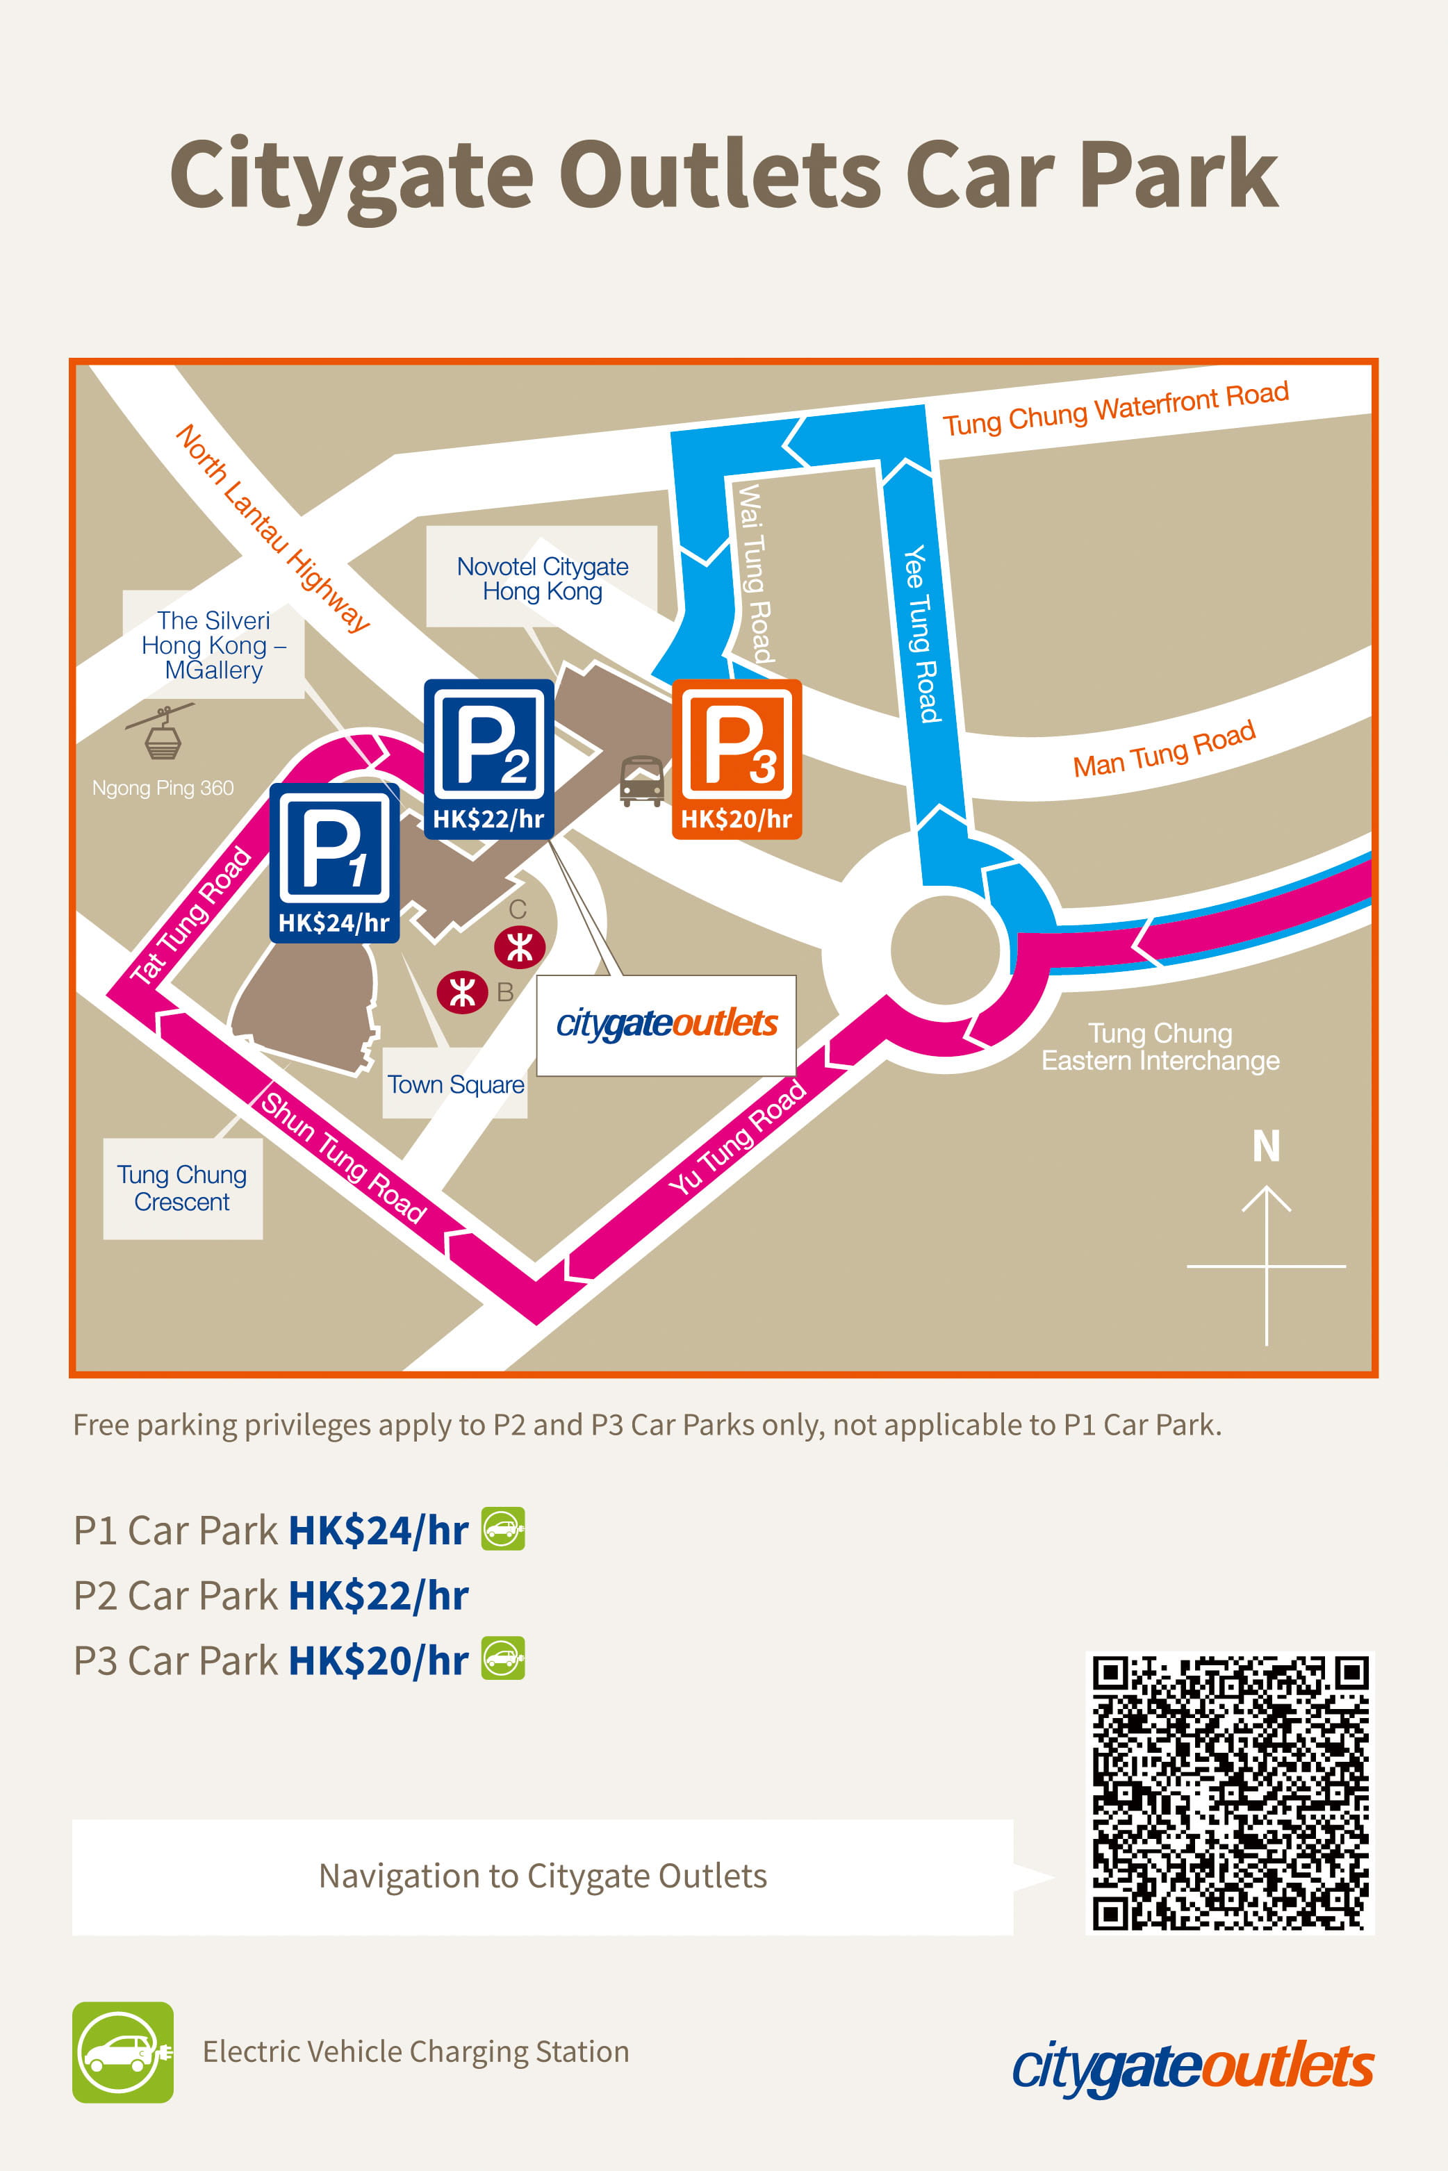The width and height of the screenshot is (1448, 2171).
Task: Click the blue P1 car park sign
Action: (x=334, y=861)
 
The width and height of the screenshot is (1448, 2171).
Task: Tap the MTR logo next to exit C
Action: (x=519, y=946)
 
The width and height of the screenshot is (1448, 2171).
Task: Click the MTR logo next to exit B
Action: (x=462, y=993)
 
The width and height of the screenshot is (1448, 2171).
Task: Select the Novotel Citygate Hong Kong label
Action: (x=542, y=578)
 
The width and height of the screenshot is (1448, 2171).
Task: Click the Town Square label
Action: (x=455, y=1084)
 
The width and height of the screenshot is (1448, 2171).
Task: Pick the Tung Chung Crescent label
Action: (x=182, y=1187)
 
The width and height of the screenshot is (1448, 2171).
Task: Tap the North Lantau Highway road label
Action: (x=272, y=528)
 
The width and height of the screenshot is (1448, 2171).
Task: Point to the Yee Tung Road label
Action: (x=921, y=634)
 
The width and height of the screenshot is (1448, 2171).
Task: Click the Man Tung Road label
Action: (x=1164, y=749)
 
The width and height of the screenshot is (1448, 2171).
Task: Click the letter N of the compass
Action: (x=1266, y=1146)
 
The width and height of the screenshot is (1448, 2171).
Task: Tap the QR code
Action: (x=1229, y=1790)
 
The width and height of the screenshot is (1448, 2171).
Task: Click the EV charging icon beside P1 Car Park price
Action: (x=503, y=1528)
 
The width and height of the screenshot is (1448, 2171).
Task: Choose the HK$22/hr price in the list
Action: (x=379, y=1596)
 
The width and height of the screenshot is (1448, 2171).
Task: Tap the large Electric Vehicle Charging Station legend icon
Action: (x=123, y=2052)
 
